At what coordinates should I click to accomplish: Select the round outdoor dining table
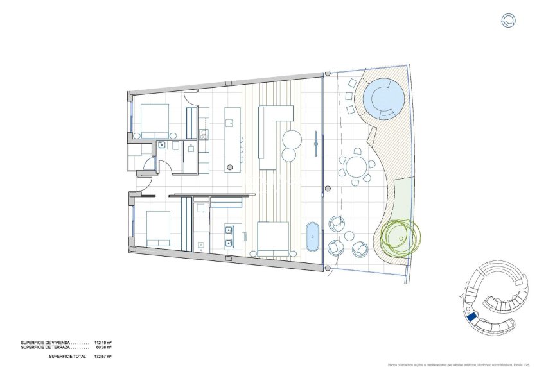pyautogui.click(x=355, y=169)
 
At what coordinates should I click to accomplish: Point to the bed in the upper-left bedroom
pyautogui.click(x=154, y=119)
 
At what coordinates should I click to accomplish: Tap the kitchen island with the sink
pyautogui.click(x=232, y=139)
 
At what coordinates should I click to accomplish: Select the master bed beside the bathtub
pyautogui.click(x=272, y=238)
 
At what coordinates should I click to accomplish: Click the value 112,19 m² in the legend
pyautogui.click(x=103, y=343)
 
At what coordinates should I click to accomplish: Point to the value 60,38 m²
pyautogui.click(x=103, y=347)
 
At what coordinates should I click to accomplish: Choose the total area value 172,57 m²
pyautogui.click(x=103, y=356)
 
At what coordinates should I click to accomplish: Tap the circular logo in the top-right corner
pyautogui.click(x=509, y=21)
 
